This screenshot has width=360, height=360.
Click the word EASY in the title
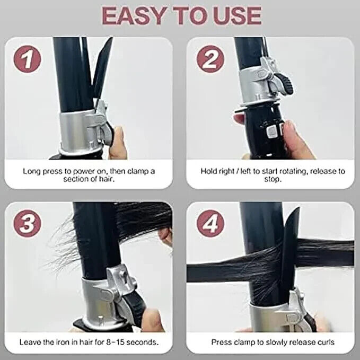(134, 15)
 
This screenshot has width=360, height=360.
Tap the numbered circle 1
(28, 59)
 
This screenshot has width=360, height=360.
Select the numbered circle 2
(210, 59)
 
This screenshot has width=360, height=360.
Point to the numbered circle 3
(28, 223)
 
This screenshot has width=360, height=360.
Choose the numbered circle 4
(210, 223)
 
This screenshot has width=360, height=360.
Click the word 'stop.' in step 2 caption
(273, 179)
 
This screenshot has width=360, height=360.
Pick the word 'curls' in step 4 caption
(326, 342)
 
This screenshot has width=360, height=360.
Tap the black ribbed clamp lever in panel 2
(285, 84)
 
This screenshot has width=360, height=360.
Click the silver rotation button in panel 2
(271, 131)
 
